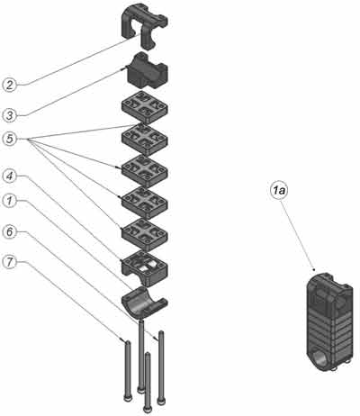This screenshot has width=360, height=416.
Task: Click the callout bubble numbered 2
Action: tap(10, 85)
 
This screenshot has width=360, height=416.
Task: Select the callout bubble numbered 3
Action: tap(10, 115)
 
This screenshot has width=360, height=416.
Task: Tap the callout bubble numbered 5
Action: tap(10, 139)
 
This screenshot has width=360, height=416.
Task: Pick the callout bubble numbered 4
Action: tap(10, 176)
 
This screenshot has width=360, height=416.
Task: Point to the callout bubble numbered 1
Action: tap(10, 201)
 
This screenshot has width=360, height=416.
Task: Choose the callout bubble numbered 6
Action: tap(10, 231)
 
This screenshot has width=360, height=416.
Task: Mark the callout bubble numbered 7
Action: tap(10, 262)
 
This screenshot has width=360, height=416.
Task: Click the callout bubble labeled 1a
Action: tap(279, 190)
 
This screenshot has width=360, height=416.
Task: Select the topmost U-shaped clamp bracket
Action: tap(144, 24)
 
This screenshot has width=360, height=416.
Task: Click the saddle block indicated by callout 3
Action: tap(147, 71)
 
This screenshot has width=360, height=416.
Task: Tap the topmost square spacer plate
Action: tap(145, 107)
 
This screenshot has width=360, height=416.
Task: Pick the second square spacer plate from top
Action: tap(145, 139)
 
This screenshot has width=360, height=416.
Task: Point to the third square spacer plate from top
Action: tap(145, 171)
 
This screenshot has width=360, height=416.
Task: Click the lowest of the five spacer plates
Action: tap(145, 234)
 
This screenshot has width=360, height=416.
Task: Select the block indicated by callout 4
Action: tap(145, 267)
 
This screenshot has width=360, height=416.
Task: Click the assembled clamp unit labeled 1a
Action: tap(329, 322)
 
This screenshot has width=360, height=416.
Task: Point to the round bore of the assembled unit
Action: tap(320, 359)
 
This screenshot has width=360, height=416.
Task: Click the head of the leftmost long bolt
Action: tap(128, 398)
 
